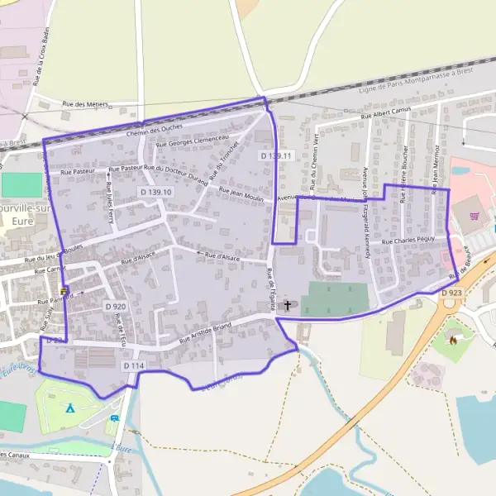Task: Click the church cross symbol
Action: tap(288, 305)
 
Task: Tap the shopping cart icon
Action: tap(475, 217)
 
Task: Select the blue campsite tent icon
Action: tap(70, 408)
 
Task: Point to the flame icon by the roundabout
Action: tap(453, 338)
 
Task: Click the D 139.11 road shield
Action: tap(276, 155)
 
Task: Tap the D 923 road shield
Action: tap(451, 293)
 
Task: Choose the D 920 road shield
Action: tap(115, 306)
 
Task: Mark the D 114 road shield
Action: tap(134, 365)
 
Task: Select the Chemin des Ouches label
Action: tap(154, 129)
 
